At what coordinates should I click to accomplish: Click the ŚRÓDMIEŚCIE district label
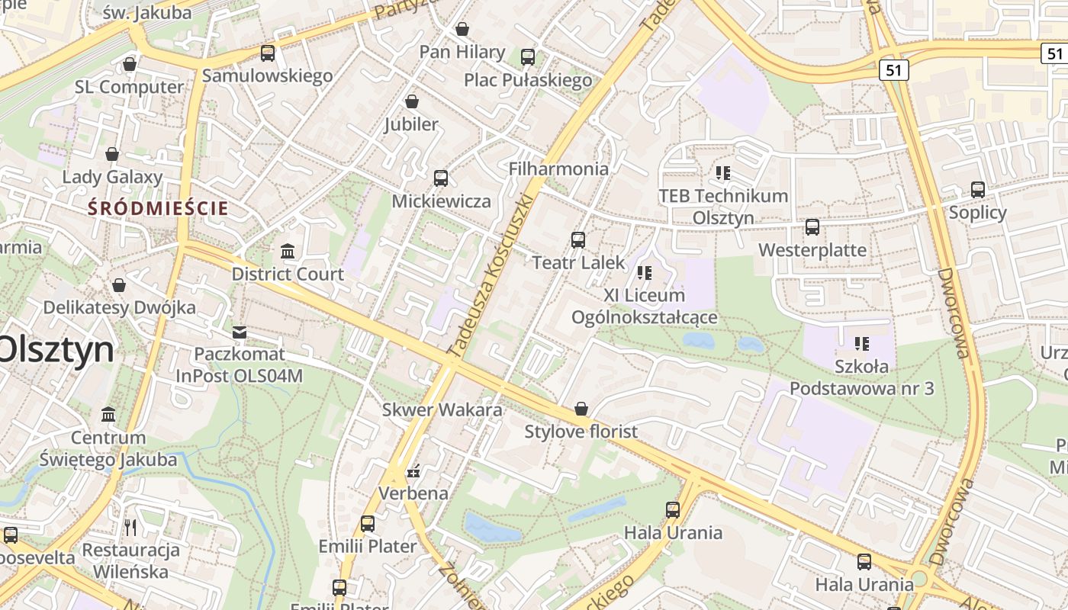(158, 207)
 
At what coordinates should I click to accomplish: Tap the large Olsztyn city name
(55, 350)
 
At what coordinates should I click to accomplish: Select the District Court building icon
(288, 251)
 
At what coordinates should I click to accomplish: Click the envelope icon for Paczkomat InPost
(240, 332)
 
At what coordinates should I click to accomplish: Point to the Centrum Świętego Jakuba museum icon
(108, 415)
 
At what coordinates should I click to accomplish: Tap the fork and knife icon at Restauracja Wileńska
(130, 527)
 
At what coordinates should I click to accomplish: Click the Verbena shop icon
(413, 470)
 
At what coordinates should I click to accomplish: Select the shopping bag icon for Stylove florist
(581, 409)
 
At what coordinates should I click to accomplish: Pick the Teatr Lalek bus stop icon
(578, 239)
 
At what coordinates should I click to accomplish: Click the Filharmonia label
(558, 169)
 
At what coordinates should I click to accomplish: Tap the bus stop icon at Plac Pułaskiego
(528, 56)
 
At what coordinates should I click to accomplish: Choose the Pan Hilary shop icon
(462, 29)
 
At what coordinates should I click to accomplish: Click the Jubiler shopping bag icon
(412, 101)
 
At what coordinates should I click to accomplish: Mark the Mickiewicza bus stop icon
(441, 178)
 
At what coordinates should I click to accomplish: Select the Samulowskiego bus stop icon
(268, 53)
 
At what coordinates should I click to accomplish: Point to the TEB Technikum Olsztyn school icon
(723, 172)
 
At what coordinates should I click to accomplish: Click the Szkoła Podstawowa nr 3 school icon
(862, 344)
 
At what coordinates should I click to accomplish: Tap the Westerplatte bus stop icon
(812, 226)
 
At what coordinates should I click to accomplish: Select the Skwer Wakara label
(442, 409)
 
